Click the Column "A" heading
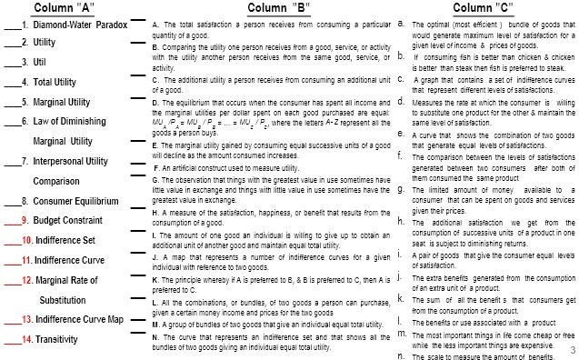(x=64, y=8)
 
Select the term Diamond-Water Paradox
(x=67, y=26)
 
